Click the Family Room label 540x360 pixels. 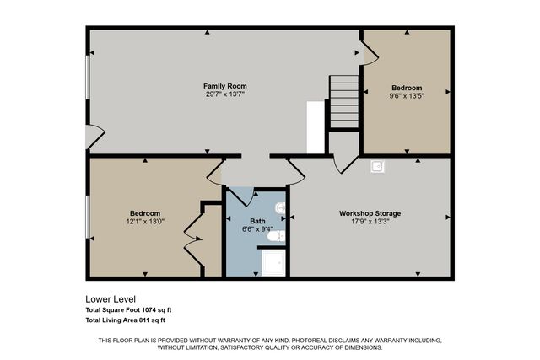pyautogui.click(x=224, y=86)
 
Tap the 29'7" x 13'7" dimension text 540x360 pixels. pyautogui.click(x=224, y=94)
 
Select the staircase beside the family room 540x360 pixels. pyautogui.click(x=343, y=101)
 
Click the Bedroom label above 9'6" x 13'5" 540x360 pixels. pyautogui.click(x=407, y=88)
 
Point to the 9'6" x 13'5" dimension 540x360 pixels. pyautogui.click(x=407, y=96)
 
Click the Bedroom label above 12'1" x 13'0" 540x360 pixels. pyautogui.click(x=145, y=213)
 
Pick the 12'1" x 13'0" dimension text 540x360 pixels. pyautogui.click(x=145, y=222)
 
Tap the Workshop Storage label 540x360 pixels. pyautogui.click(x=370, y=213)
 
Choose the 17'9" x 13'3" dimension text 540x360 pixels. pyautogui.click(x=370, y=222)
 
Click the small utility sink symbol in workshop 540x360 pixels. pyautogui.click(x=377, y=166)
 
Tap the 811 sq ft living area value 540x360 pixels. pyautogui.click(x=151, y=320)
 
